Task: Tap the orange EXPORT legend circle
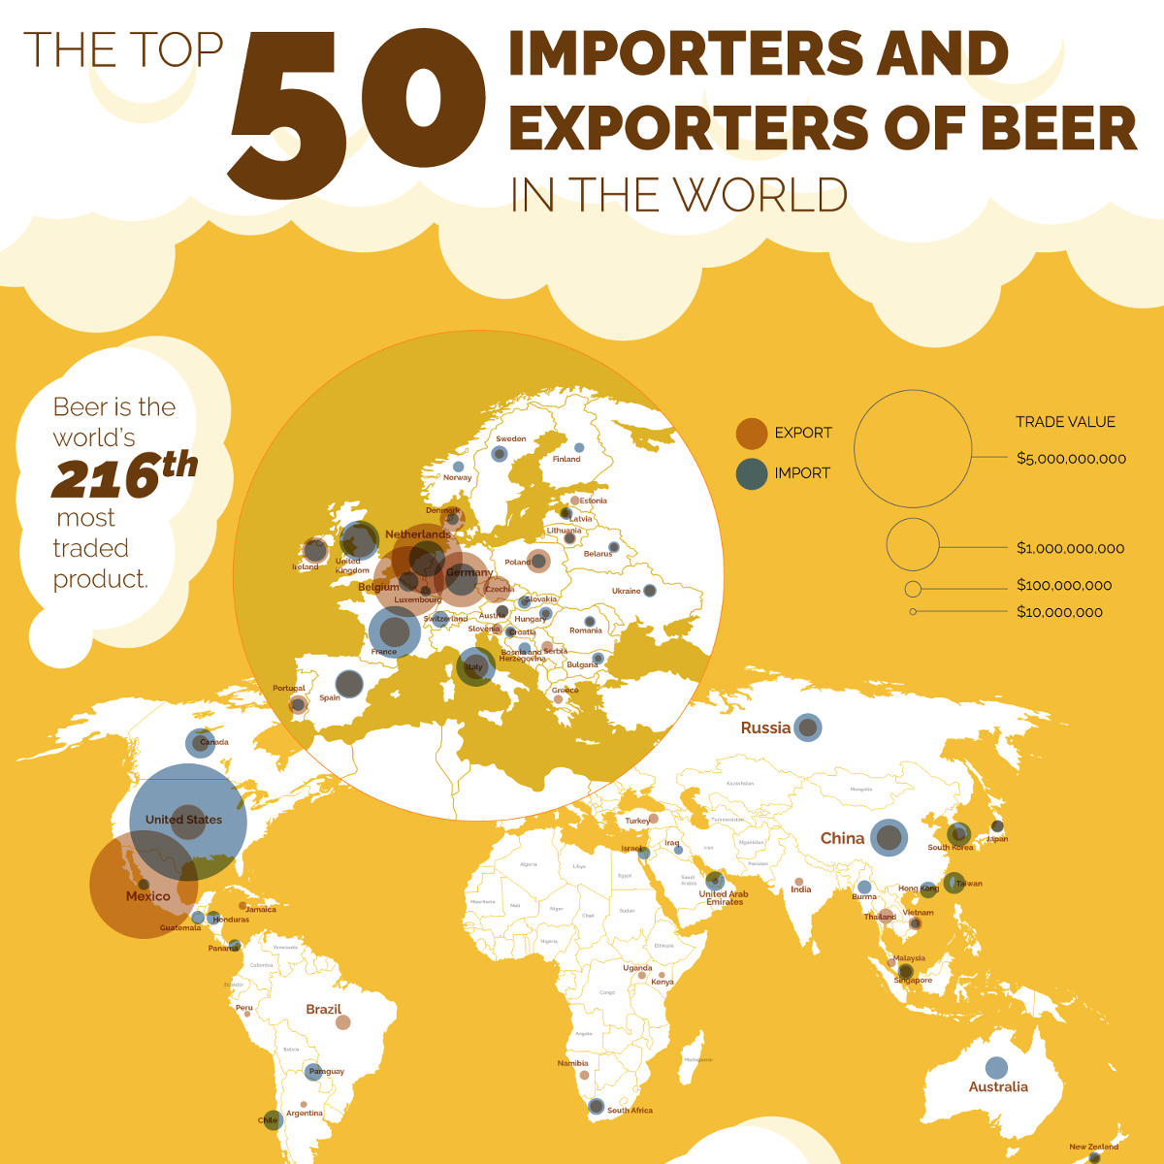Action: [x=752, y=434]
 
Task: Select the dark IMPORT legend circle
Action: [x=752, y=473]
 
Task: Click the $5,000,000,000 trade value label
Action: [x=1071, y=459]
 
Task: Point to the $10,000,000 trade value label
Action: [x=1059, y=612]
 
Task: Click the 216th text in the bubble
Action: [x=124, y=474]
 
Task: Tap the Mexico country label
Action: [x=147, y=896]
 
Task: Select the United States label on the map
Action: [x=183, y=820]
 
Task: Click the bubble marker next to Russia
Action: [x=807, y=727]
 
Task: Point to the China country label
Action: [x=842, y=838]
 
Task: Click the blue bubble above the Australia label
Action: [x=996, y=1068]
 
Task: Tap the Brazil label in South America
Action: [x=323, y=1010]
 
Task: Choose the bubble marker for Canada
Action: [x=200, y=743]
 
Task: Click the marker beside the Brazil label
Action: [x=342, y=1022]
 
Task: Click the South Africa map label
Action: [x=630, y=1111]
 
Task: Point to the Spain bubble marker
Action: [x=349, y=684]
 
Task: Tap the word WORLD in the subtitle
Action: [x=760, y=195]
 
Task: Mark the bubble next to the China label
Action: [x=889, y=837]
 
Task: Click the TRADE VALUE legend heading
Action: [x=1065, y=422]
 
